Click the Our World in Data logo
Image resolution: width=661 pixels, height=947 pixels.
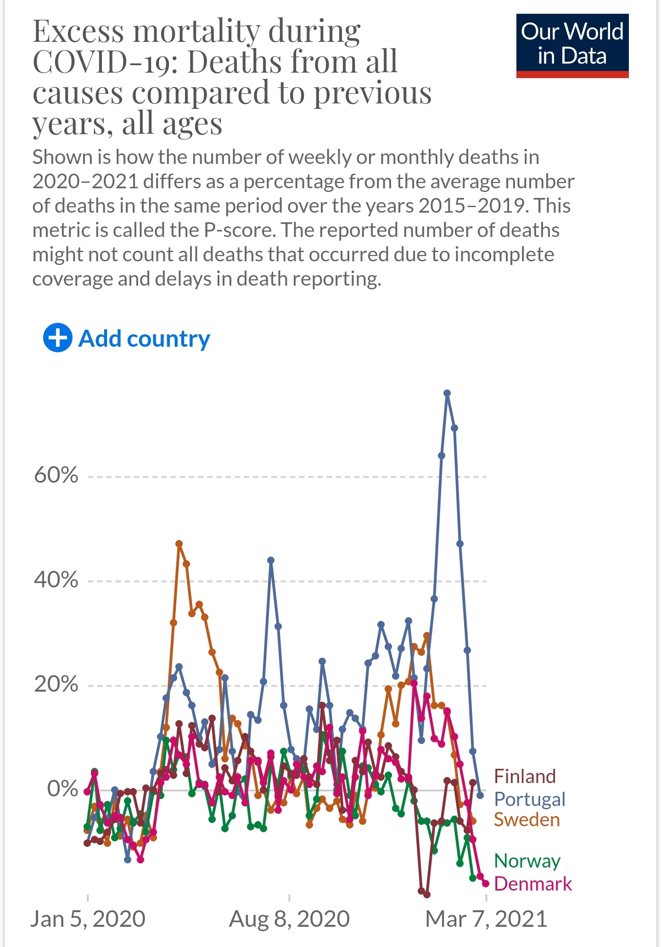572,45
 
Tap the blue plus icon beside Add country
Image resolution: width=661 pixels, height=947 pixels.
57,338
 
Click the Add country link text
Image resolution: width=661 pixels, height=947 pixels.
144,339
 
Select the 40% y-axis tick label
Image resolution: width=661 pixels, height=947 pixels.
56,580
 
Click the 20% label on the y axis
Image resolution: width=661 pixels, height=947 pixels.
56,684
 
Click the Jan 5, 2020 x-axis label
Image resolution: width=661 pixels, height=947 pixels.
88,919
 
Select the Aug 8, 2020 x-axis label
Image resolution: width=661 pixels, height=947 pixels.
289,919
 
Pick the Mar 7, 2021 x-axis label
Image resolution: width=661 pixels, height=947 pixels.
486,919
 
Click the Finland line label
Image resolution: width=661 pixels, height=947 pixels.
525,777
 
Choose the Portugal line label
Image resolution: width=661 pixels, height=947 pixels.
529,799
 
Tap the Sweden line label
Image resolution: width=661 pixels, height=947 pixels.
527,820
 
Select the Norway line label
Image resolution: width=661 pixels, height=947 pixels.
527,861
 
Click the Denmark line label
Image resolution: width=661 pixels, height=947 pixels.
533,884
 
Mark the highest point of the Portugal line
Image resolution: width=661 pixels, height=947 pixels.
447,393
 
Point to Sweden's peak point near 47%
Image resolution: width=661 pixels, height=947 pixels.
179,544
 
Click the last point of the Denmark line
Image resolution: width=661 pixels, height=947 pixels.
486,884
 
